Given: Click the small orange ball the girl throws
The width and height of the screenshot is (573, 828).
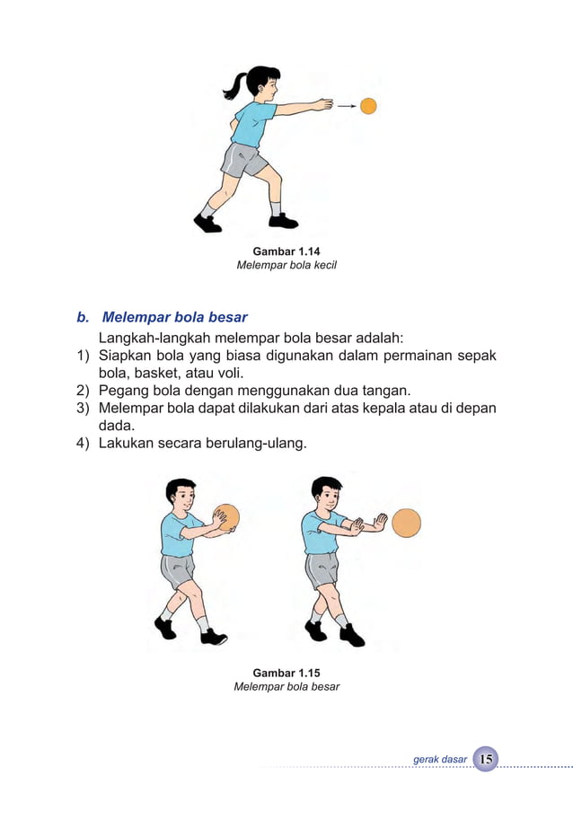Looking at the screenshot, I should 368,106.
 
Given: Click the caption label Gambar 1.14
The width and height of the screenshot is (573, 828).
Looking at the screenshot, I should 286,251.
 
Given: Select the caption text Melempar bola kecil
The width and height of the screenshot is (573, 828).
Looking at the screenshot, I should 286,266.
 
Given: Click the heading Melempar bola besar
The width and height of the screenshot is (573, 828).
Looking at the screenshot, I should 174,317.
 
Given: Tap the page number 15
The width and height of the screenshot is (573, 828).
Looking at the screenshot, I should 486,759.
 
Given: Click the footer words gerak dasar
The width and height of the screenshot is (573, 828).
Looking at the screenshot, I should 440,760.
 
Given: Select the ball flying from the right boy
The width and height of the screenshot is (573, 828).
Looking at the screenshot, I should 406,523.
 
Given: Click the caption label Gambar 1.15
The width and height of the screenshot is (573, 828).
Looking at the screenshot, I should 286,673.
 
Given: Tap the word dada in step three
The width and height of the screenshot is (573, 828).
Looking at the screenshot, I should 115,426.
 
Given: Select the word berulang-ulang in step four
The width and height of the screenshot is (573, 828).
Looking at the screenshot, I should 261,443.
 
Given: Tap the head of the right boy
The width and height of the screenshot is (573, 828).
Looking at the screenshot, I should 325,491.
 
